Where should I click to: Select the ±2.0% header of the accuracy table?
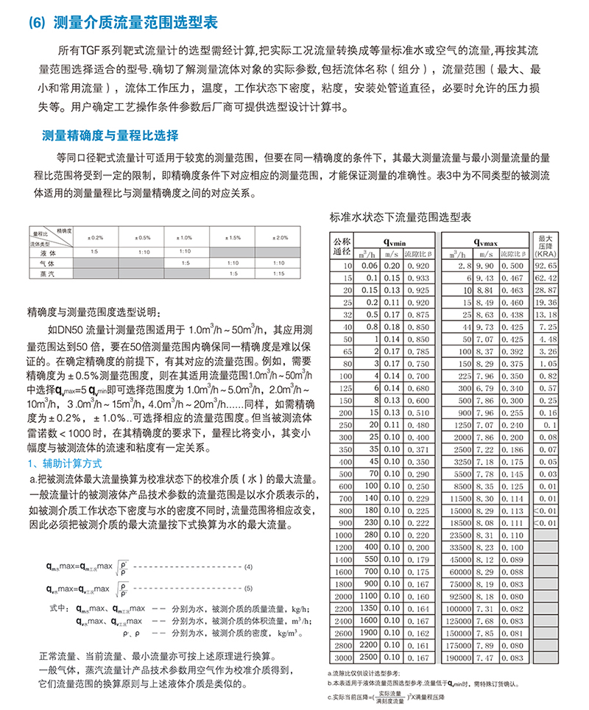[280, 238]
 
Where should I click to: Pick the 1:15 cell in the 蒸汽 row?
[280, 273]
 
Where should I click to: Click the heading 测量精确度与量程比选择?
[110, 136]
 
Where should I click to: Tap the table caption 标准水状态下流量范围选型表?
[401, 218]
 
